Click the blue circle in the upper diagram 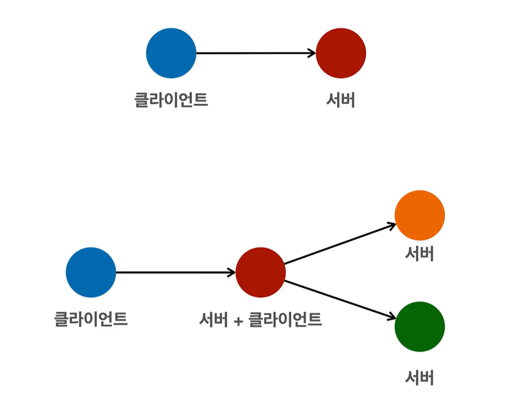tap(171, 53)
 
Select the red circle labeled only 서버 tap(341, 53)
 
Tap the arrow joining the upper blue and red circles tap(254, 53)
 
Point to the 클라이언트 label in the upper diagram tap(171, 100)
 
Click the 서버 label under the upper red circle tap(341, 100)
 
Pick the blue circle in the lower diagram tap(91, 272)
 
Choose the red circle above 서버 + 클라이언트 tap(261, 272)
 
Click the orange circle tap(420, 215)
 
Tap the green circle tap(420, 327)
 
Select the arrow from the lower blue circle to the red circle tap(174, 272)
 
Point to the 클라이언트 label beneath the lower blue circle tap(91, 319)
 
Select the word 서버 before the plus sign tap(214, 319)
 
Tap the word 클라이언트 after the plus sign tap(285, 319)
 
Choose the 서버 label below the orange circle tap(420, 254)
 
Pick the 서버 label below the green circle tap(420, 378)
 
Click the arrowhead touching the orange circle tap(392, 225)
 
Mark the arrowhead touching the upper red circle tap(312, 53)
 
